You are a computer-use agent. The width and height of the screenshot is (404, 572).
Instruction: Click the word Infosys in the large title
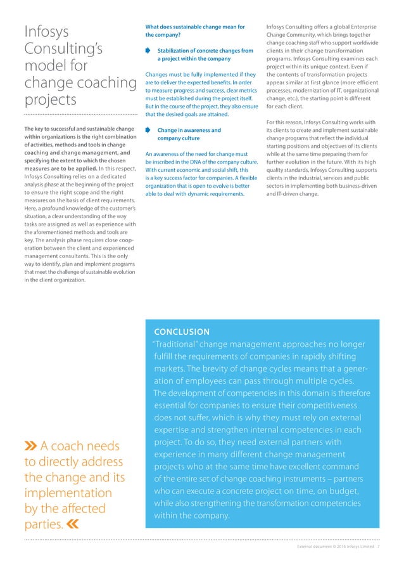(46, 31)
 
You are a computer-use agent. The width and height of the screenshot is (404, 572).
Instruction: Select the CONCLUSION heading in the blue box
(181, 332)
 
